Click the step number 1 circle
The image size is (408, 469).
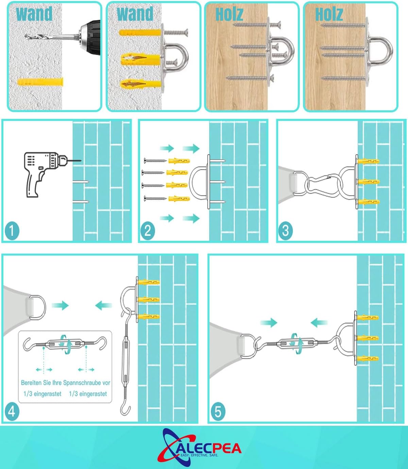(x=12, y=230)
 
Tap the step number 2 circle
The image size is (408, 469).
(x=148, y=230)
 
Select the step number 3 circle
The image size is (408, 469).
(x=285, y=230)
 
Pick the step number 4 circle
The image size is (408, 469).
(x=12, y=411)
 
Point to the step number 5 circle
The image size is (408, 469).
(x=218, y=411)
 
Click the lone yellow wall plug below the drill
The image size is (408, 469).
(x=40, y=82)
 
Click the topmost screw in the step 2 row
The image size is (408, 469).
(x=155, y=161)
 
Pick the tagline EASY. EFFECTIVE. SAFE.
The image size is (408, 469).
(x=199, y=455)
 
